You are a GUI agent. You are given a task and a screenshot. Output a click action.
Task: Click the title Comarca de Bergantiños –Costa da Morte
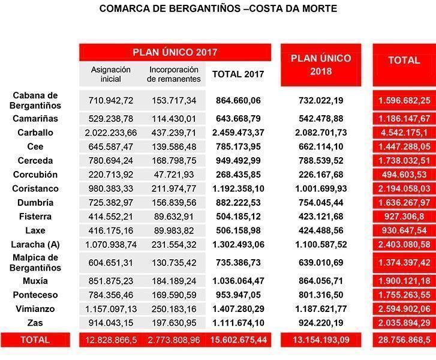pyautogui.click(x=218, y=8)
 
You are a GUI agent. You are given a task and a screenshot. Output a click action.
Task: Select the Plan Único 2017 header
pyautogui.click(x=175, y=52)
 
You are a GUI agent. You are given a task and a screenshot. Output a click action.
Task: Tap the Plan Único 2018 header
pyautogui.click(x=321, y=65)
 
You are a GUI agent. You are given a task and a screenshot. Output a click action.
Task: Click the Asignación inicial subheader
pyautogui.click(x=111, y=74)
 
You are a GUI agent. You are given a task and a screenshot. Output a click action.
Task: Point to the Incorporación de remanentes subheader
pyautogui.click(x=174, y=74)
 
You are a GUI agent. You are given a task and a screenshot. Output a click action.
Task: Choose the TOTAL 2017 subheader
pyautogui.click(x=238, y=74)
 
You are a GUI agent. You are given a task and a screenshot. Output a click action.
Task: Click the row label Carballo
pyautogui.click(x=35, y=133)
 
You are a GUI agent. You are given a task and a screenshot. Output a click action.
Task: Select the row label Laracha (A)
pyautogui.click(x=35, y=245)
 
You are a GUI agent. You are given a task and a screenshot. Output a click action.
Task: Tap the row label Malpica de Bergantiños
pyautogui.click(x=35, y=263)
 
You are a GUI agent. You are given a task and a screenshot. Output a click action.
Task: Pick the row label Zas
pyautogui.click(x=35, y=323)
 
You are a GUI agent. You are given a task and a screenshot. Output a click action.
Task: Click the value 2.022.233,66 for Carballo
pyautogui.click(x=111, y=133)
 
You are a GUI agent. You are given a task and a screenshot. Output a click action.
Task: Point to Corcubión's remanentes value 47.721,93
pyautogui.click(x=174, y=175)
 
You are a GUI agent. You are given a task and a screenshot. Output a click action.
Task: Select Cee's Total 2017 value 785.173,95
pyautogui.click(x=238, y=146)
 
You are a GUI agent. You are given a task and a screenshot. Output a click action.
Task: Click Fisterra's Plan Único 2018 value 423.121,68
pyautogui.click(x=321, y=217)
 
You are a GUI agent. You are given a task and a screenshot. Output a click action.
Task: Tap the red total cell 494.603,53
pyautogui.click(x=404, y=175)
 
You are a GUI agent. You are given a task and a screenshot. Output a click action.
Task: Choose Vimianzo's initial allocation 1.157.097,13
pyautogui.click(x=111, y=309)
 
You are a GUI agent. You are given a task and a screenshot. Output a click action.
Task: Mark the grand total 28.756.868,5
pyautogui.click(x=404, y=340)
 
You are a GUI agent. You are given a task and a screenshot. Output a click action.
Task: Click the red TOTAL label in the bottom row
pyautogui.click(x=35, y=340)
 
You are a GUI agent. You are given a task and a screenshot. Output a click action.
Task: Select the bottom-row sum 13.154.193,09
pyautogui.click(x=321, y=340)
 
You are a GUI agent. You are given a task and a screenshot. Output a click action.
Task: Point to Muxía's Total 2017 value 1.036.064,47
pyautogui.click(x=238, y=281)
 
